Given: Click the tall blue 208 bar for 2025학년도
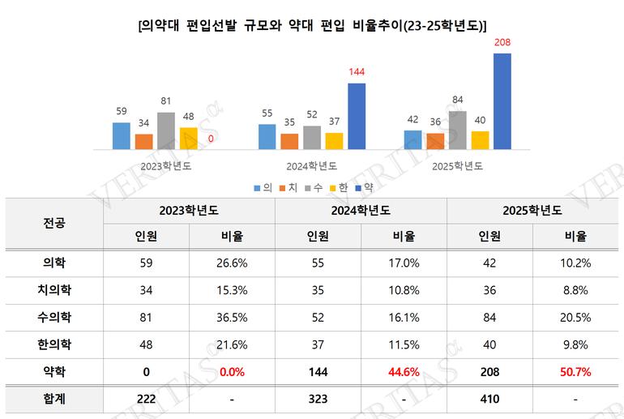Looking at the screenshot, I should tap(502, 101).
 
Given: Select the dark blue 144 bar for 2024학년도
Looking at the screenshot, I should tap(357, 117).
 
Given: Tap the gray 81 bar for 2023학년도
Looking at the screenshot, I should tap(166, 130).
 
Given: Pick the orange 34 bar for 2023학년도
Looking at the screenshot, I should tap(144, 141).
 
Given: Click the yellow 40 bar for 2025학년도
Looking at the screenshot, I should tap(480, 140).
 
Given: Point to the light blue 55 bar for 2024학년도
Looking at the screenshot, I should tap(267, 137).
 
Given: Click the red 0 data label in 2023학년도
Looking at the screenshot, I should tap(211, 139).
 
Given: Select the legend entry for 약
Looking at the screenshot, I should tap(363, 187).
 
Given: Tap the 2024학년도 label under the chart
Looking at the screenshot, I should tap(312, 166).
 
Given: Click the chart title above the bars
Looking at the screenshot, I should tap(313, 24).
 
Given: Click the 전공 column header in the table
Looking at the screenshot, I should tap(54, 222).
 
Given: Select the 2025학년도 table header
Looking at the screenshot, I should tap(533, 209).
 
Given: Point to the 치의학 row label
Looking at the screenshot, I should tap(54, 289).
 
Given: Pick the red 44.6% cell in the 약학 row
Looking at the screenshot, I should tap(404, 371).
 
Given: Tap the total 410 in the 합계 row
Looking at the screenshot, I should tap(490, 400).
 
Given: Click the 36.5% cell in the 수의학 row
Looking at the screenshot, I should tap(232, 317).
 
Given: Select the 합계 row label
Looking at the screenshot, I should tap(54, 400).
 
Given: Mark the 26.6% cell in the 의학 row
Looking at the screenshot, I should tap(232, 263).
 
